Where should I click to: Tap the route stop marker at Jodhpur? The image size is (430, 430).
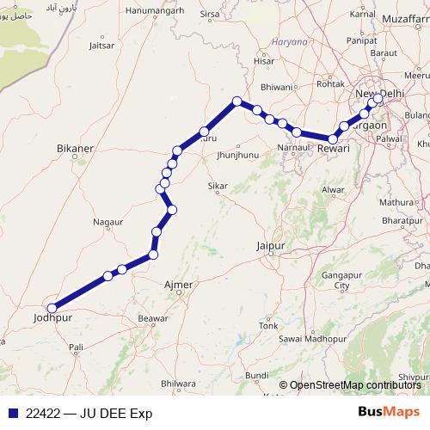[52, 308]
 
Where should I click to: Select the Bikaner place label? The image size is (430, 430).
[74, 149]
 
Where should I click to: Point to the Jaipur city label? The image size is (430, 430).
[270, 247]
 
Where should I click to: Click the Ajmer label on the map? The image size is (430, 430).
[177, 285]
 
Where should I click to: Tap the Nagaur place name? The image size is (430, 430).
[107, 222]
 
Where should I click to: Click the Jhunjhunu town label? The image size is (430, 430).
[238, 155]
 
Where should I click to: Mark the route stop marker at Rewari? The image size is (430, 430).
[333, 138]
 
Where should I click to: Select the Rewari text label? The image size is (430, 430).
[333, 150]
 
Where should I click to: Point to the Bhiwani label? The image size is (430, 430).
[277, 87]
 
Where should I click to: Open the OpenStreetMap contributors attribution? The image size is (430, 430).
[355, 385]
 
